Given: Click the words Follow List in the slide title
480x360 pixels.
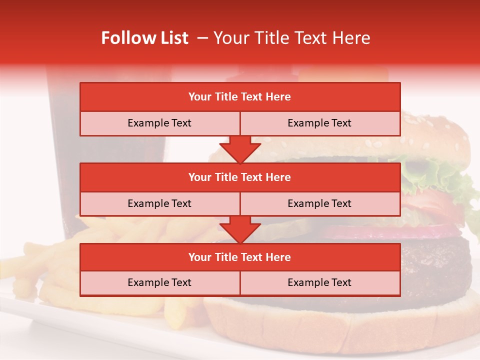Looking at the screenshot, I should [144, 38].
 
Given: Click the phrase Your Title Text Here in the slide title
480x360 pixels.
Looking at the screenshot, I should [292, 38].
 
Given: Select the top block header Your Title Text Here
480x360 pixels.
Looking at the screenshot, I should [240, 97].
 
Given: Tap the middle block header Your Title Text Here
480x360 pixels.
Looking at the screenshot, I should [240, 177].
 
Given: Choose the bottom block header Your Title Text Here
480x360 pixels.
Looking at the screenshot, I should [240, 257].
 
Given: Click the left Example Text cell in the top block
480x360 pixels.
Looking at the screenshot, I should [159, 123].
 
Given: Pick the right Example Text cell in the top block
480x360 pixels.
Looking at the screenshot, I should [319, 123].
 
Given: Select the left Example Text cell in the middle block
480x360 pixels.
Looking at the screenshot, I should [159, 203].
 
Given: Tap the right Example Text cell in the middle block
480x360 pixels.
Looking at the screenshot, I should [319, 203].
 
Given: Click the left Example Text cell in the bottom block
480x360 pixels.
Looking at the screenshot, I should [159, 282].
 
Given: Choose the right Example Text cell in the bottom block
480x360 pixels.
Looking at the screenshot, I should [319, 282].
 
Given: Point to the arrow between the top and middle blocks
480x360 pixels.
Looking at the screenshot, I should [240, 149].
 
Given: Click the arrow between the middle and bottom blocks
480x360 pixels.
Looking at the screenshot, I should [240, 229].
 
